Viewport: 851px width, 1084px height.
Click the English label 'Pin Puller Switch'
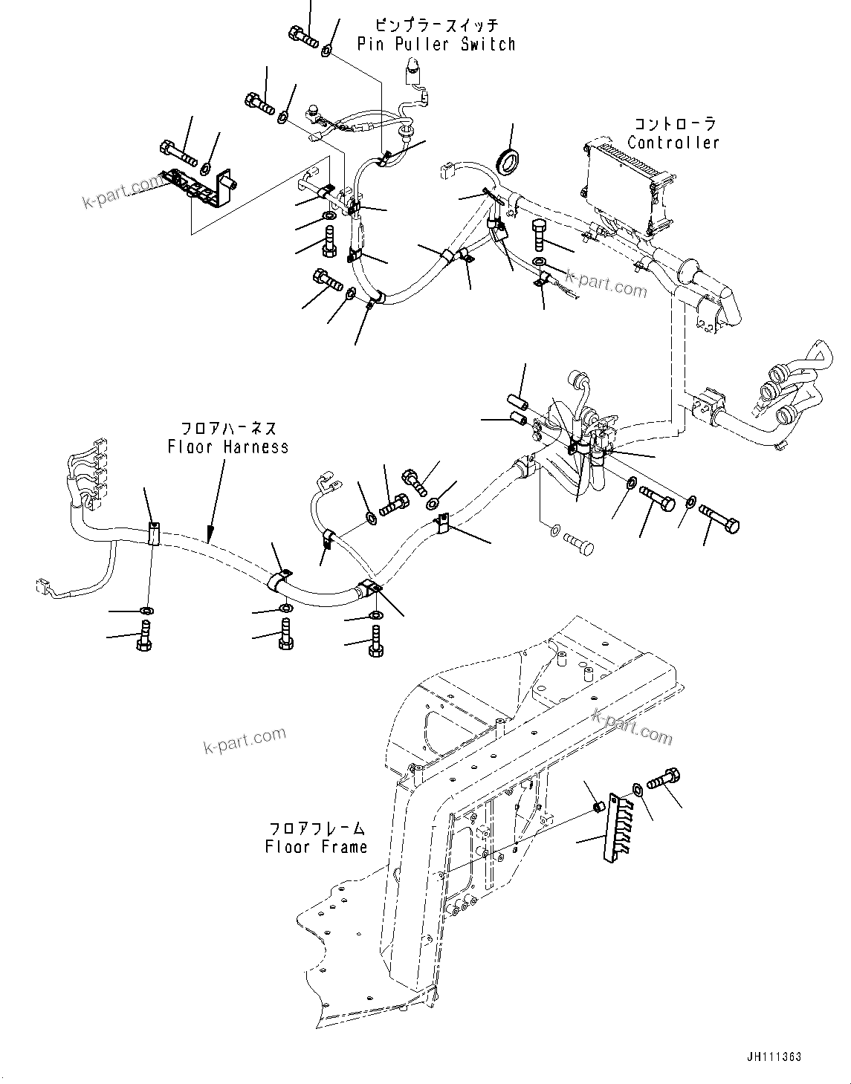(x=436, y=44)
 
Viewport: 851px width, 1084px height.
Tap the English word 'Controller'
(x=673, y=142)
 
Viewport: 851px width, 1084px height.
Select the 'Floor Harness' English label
(x=227, y=447)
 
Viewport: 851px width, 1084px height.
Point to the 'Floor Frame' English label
(x=316, y=846)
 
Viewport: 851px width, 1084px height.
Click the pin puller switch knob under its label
(x=411, y=73)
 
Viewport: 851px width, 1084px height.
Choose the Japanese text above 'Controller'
(x=674, y=123)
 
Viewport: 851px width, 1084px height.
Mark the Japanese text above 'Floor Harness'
(x=229, y=429)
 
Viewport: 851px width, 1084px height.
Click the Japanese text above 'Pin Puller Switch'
(x=436, y=25)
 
